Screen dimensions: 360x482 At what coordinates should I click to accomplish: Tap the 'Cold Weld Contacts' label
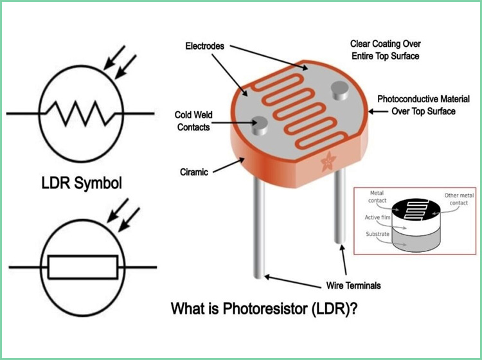(193, 121)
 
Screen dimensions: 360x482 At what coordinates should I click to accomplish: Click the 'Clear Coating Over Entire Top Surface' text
(384, 50)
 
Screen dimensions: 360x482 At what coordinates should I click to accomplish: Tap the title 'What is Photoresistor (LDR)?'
(263, 309)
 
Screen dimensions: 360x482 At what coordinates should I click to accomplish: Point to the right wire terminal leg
(339, 212)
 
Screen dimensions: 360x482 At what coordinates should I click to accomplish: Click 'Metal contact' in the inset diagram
(378, 197)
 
